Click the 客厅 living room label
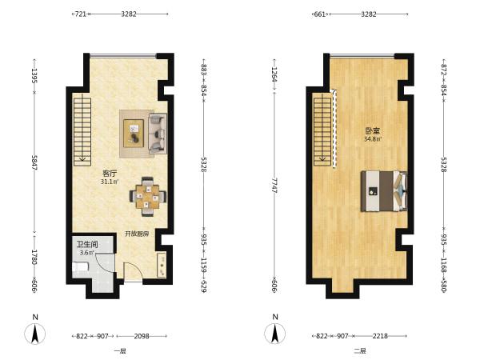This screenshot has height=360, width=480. [x=110, y=174]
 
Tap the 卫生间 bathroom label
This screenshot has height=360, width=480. [x=87, y=244]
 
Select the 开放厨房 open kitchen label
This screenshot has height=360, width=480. [x=137, y=234]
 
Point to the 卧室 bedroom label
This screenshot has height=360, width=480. [x=373, y=131]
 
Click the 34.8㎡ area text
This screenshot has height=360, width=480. [x=373, y=139]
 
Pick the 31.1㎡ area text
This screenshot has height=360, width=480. [x=110, y=182]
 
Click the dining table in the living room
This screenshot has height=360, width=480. [x=148, y=197]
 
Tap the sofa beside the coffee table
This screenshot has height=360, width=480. [x=158, y=134]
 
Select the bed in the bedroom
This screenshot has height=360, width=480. [x=384, y=191]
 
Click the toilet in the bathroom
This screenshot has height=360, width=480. [x=80, y=266]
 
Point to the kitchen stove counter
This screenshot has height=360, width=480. [x=162, y=265]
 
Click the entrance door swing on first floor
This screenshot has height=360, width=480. [x=133, y=272]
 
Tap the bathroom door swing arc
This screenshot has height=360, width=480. [x=106, y=263]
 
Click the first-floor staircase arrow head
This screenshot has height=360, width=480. [x=82, y=159]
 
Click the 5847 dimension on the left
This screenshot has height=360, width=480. [x=34, y=162]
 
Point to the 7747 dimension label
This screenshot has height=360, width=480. [x=274, y=185]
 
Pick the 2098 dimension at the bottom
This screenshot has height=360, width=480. [x=142, y=336]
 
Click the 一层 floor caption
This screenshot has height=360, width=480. [x=120, y=351]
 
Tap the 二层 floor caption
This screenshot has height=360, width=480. [x=360, y=351]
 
